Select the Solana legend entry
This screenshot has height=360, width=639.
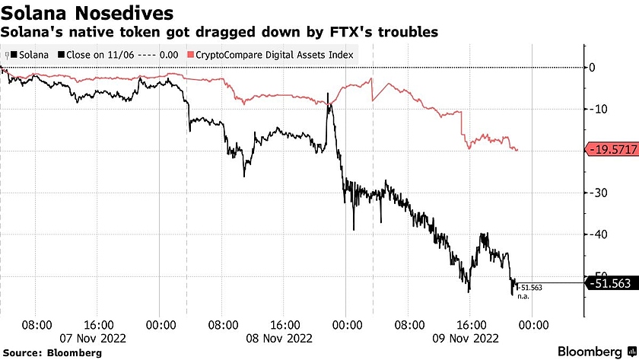[x=30, y=55]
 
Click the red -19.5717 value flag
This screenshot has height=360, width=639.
[x=610, y=149]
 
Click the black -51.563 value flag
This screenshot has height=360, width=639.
[x=610, y=283]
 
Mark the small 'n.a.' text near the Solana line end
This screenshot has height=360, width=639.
[x=523, y=295]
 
